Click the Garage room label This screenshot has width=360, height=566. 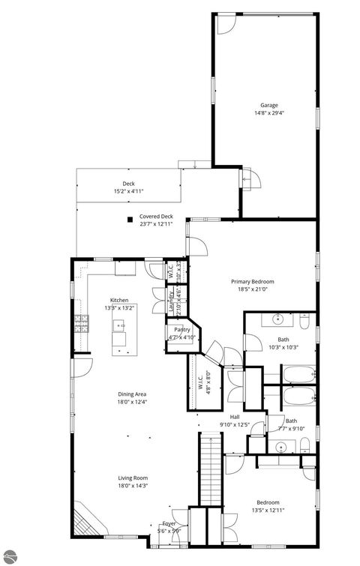(x=268, y=105)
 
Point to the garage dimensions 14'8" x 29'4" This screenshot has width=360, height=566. (x=268, y=114)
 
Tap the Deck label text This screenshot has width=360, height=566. (x=128, y=184)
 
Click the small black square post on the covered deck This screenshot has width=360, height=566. (x=130, y=220)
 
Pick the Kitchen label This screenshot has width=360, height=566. (x=120, y=300)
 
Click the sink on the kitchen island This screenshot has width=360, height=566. (x=119, y=326)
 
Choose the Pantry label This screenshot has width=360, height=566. (x=182, y=329)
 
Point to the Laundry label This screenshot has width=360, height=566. (x=171, y=306)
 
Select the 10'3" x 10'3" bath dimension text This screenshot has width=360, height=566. (x=283, y=347)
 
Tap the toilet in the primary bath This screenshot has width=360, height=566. (x=304, y=322)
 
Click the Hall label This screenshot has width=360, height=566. (x=234, y=418)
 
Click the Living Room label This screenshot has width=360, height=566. (x=132, y=478)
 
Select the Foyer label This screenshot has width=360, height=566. (x=170, y=524)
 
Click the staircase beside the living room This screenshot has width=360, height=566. (x=209, y=472)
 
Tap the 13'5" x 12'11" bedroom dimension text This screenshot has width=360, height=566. (x=268, y=511)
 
